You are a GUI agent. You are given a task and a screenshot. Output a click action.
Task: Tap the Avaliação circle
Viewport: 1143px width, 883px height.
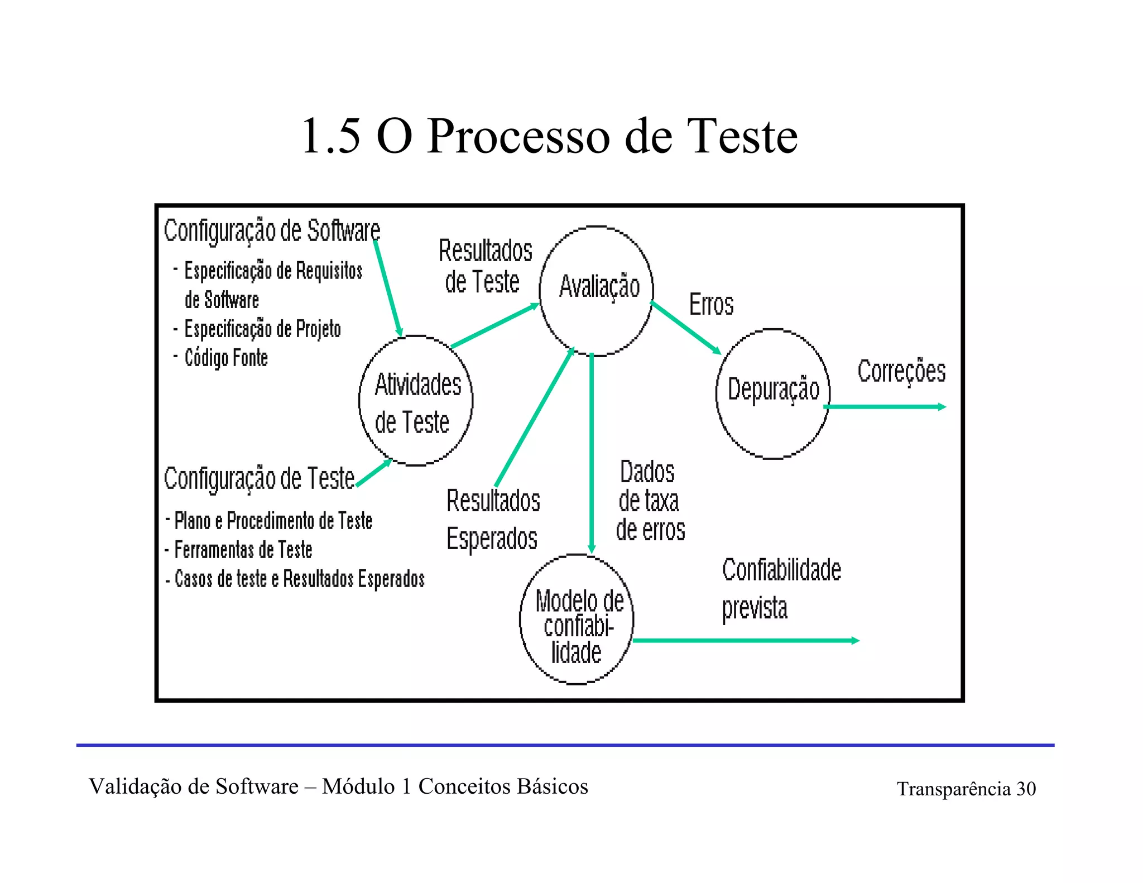pyautogui.click(x=597, y=290)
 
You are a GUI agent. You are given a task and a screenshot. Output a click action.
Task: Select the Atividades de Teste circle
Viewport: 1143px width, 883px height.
pyautogui.click(x=416, y=401)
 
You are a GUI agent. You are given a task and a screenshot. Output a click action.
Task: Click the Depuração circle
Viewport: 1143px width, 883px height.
pyautogui.click(x=773, y=393)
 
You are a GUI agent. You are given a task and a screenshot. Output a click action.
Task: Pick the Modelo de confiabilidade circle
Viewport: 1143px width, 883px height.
pyautogui.click(x=577, y=620)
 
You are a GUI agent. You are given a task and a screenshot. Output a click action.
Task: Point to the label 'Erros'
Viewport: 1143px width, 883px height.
pyautogui.click(x=711, y=305)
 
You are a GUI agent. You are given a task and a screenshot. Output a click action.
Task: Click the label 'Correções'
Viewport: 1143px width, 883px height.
pyautogui.click(x=901, y=371)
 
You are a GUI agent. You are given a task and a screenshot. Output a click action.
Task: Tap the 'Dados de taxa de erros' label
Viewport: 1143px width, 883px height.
pyautogui.click(x=650, y=501)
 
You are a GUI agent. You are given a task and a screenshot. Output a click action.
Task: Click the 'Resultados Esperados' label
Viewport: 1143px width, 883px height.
pyautogui.click(x=493, y=519)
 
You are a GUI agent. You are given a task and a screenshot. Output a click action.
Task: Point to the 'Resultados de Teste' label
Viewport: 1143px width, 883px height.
pyautogui.click(x=484, y=266)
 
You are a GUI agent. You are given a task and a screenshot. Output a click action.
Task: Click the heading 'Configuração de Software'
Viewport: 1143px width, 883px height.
pyautogui.click(x=272, y=231)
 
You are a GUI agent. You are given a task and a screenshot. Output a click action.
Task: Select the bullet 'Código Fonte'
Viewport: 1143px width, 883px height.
pyautogui.click(x=226, y=358)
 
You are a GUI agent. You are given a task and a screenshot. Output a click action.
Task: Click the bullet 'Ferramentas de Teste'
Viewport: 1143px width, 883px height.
pyautogui.click(x=243, y=550)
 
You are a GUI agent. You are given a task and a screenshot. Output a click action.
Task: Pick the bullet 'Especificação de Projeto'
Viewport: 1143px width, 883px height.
pyautogui.click(x=262, y=329)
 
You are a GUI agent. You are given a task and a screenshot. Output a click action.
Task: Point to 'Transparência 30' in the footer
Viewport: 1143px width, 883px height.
pyautogui.click(x=966, y=789)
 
